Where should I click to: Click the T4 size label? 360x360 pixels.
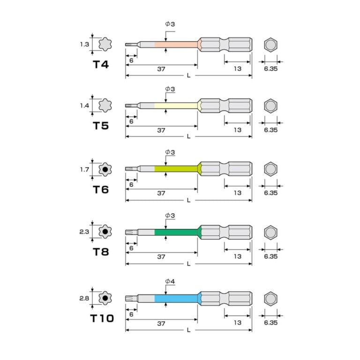tap(101, 65)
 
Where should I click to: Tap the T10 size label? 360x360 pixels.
tap(102, 318)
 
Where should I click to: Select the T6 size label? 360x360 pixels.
tap(101, 190)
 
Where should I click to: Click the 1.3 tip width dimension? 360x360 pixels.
tap(84, 44)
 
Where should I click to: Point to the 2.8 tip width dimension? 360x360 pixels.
tap(84, 298)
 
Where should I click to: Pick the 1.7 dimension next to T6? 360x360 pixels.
tap(84, 169)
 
